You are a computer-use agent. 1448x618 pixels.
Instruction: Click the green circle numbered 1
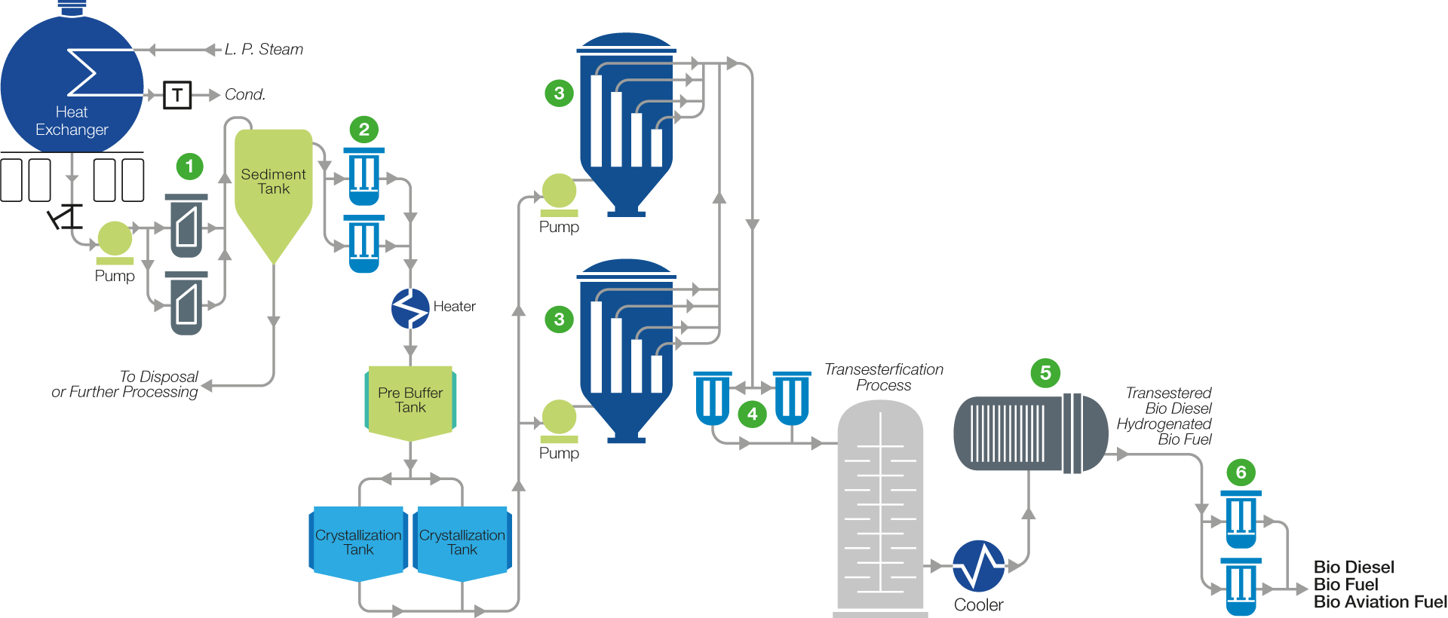pyautogui.click(x=189, y=166)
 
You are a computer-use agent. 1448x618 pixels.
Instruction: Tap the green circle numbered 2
pyautogui.click(x=364, y=130)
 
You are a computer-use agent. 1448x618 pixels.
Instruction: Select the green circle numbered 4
pyautogui.click(x=752, y=414)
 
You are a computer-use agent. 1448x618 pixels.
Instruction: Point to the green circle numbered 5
pyautogui.click(x=1045, y=373)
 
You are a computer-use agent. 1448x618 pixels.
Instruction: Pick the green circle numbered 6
pyautogui.click(x=1241, y=473)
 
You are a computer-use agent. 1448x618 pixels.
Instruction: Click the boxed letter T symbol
pyautogui.click(x=177, y=95)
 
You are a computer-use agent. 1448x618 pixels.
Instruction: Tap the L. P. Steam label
pyautogui.click(x=264, y=50)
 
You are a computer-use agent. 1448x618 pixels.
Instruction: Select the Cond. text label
pyautogui.click(x=245, y=95)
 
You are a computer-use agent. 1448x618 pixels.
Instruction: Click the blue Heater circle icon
pyautogui.click(x=410, y=308)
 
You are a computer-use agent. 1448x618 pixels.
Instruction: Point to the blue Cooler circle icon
pyautogui.click(x=979, y=566)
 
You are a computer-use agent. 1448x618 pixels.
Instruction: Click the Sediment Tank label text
pyautogui.click(x=274, y=182)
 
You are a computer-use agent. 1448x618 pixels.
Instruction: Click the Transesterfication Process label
pyautogui.click(x=884, y=377)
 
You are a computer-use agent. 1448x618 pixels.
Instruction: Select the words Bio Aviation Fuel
pyautogui.click(x=1380, y=602)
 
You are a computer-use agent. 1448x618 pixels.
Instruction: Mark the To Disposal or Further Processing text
pyautogui.click(x=125, y=384)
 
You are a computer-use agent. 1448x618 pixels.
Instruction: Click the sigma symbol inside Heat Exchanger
pyautogui.click(x=83, y=72)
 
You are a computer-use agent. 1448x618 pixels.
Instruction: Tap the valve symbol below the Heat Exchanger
pyautogui.click(x=66, y=217)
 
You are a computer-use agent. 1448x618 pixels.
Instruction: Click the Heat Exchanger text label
pyautogui.click(x=72, y=121)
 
